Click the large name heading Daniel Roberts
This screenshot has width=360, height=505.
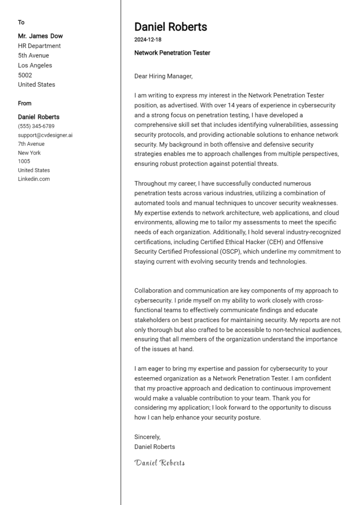(171, 27)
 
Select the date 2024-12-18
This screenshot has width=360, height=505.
(148, 40)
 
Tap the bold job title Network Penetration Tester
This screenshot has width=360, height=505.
(172, 53)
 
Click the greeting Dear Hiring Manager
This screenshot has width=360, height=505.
(163, 76)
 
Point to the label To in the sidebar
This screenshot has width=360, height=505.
(21, 22)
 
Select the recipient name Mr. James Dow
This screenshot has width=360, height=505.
(40, 36)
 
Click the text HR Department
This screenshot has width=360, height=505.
(39, 46)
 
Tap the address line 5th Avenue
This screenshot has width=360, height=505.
(33, 56)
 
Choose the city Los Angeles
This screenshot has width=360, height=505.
(35, 66)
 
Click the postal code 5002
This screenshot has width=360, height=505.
(25, 75)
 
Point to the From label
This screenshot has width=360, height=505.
(25, 104)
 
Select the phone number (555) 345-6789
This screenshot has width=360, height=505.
(36, 126)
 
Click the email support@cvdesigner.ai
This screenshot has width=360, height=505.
(45, 135)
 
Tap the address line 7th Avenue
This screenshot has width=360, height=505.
(31, 144)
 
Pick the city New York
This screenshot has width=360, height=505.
(29, 153)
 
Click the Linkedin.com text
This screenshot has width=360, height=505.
(34, 179)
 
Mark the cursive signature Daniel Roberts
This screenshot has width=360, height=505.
(159, 463)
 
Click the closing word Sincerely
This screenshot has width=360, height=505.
(147, 437)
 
